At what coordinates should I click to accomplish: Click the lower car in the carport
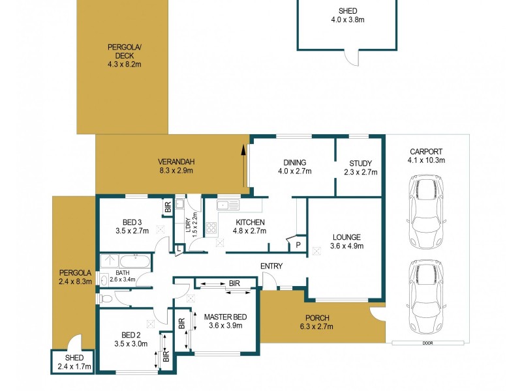pos(425,295)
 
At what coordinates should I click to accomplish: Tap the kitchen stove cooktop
pos(211,228)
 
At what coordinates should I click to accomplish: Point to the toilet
pos(106,299)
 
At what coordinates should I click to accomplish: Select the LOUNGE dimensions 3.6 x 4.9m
pos(346,246)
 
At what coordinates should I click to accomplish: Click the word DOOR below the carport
pos(427,343)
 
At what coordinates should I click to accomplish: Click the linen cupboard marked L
pos(179,248)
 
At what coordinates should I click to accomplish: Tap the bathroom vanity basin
pos(104,280)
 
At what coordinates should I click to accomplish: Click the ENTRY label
pos(270,266)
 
